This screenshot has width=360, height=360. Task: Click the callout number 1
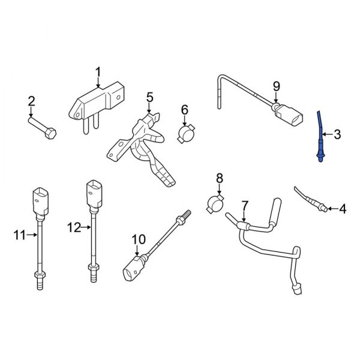[x=97, y=74]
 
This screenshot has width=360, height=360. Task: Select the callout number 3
[x=337, y=134]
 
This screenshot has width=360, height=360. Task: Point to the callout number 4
[x=343, y=209]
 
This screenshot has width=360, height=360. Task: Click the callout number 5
[x=149, y=97]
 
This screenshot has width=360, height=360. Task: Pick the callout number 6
[x=184, y=110]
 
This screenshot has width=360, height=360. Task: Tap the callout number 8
[x=219, y=178]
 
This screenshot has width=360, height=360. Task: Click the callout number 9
[x=277, y=86]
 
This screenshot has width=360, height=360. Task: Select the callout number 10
[x=138, y=239]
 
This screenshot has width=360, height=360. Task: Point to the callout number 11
[x=18, y=236]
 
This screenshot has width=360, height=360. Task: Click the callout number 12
[x=73, y=227]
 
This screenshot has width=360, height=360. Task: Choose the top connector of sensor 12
[x=95, y=193]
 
